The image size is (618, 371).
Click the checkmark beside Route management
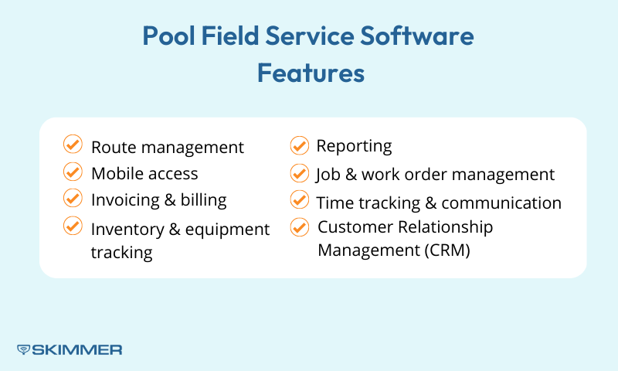pyautogui.click(x=72, y=145)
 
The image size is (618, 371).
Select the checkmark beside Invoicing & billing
pyautogui.click(x=72, y=198)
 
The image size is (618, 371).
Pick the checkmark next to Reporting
pyautogui.click(x=299, y=145)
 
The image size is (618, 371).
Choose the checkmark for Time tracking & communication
pyautogui.click(x=299, y=199)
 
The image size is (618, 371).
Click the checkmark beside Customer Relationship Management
pyautogui.click(x=299, y=227)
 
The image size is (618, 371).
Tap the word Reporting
pyautogui.click(x=354, y=146)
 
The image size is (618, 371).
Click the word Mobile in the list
pyautogui.click(x=116, y=173)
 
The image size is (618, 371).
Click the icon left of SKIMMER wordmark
pyautogui.click(x=23, y=349)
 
